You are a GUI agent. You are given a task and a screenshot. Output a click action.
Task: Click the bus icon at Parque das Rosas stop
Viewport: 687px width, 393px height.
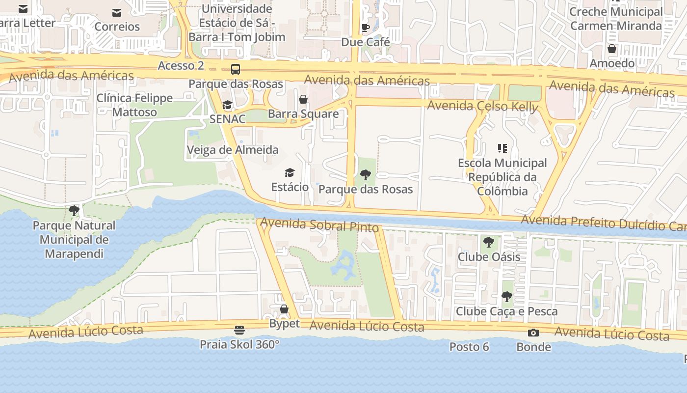pyautogui.click(x=236, y=69)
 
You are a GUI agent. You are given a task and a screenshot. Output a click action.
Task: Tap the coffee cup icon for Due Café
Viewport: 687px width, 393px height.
pyautogui.click(x=365, y=28)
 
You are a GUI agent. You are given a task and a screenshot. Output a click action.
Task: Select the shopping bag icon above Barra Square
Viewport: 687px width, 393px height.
pyautogui.click(x=303, y=99)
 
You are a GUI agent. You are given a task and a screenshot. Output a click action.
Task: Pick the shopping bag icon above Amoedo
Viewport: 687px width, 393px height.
pyautogui.click(x=612, y=49)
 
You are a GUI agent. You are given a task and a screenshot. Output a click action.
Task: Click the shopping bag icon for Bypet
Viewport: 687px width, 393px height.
pyautogui.click(x=284, y=309)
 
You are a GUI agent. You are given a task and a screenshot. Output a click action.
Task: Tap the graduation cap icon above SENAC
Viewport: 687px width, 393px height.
pyautogui.click(x=227, y=105)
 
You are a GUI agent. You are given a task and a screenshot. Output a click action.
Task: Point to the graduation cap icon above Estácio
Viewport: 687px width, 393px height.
pyautogui.click(x=290, y=172)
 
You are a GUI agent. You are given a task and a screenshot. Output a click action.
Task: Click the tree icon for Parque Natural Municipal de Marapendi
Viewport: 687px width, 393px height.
pyautogui.click(x=74, y=211)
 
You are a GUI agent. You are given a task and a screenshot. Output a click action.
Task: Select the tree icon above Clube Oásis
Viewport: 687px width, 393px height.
pyautogui.click(x=488, y=242)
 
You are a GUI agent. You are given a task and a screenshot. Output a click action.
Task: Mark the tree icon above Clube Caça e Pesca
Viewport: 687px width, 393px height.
pyautogui.click(x=506, y=297)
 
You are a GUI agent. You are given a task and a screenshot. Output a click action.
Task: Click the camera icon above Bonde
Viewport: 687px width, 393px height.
pyautogui.click(x=533, y=333)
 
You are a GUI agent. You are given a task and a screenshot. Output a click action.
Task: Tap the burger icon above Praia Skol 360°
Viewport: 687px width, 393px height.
pyautogui.click(x=239, y=330)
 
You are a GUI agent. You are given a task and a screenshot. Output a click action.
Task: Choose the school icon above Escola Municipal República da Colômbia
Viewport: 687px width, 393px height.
pyautogui.click(x=502, y=148)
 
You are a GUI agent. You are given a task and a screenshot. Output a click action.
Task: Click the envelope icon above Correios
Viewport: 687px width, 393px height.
pyautogui.click(x=117, y=13)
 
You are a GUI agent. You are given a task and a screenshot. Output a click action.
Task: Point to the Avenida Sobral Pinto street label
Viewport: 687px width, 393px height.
pyautogui.click(x=319, y=225)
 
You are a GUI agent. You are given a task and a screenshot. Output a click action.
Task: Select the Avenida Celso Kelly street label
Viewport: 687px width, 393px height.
pyautogui.click(x=482, y=106)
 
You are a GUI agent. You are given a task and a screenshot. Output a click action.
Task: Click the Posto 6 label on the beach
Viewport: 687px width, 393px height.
pyautogui.click(x=469, y=347)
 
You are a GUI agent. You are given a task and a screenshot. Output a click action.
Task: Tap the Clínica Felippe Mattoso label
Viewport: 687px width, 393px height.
pyautogui.click(x=134, y=105)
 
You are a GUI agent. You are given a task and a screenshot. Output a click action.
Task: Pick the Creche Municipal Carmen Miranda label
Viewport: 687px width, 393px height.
pyautogui.click(x=616, y=19)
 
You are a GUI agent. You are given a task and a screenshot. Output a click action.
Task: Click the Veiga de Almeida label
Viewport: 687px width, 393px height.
pyautogui.click(x=233, y=150)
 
